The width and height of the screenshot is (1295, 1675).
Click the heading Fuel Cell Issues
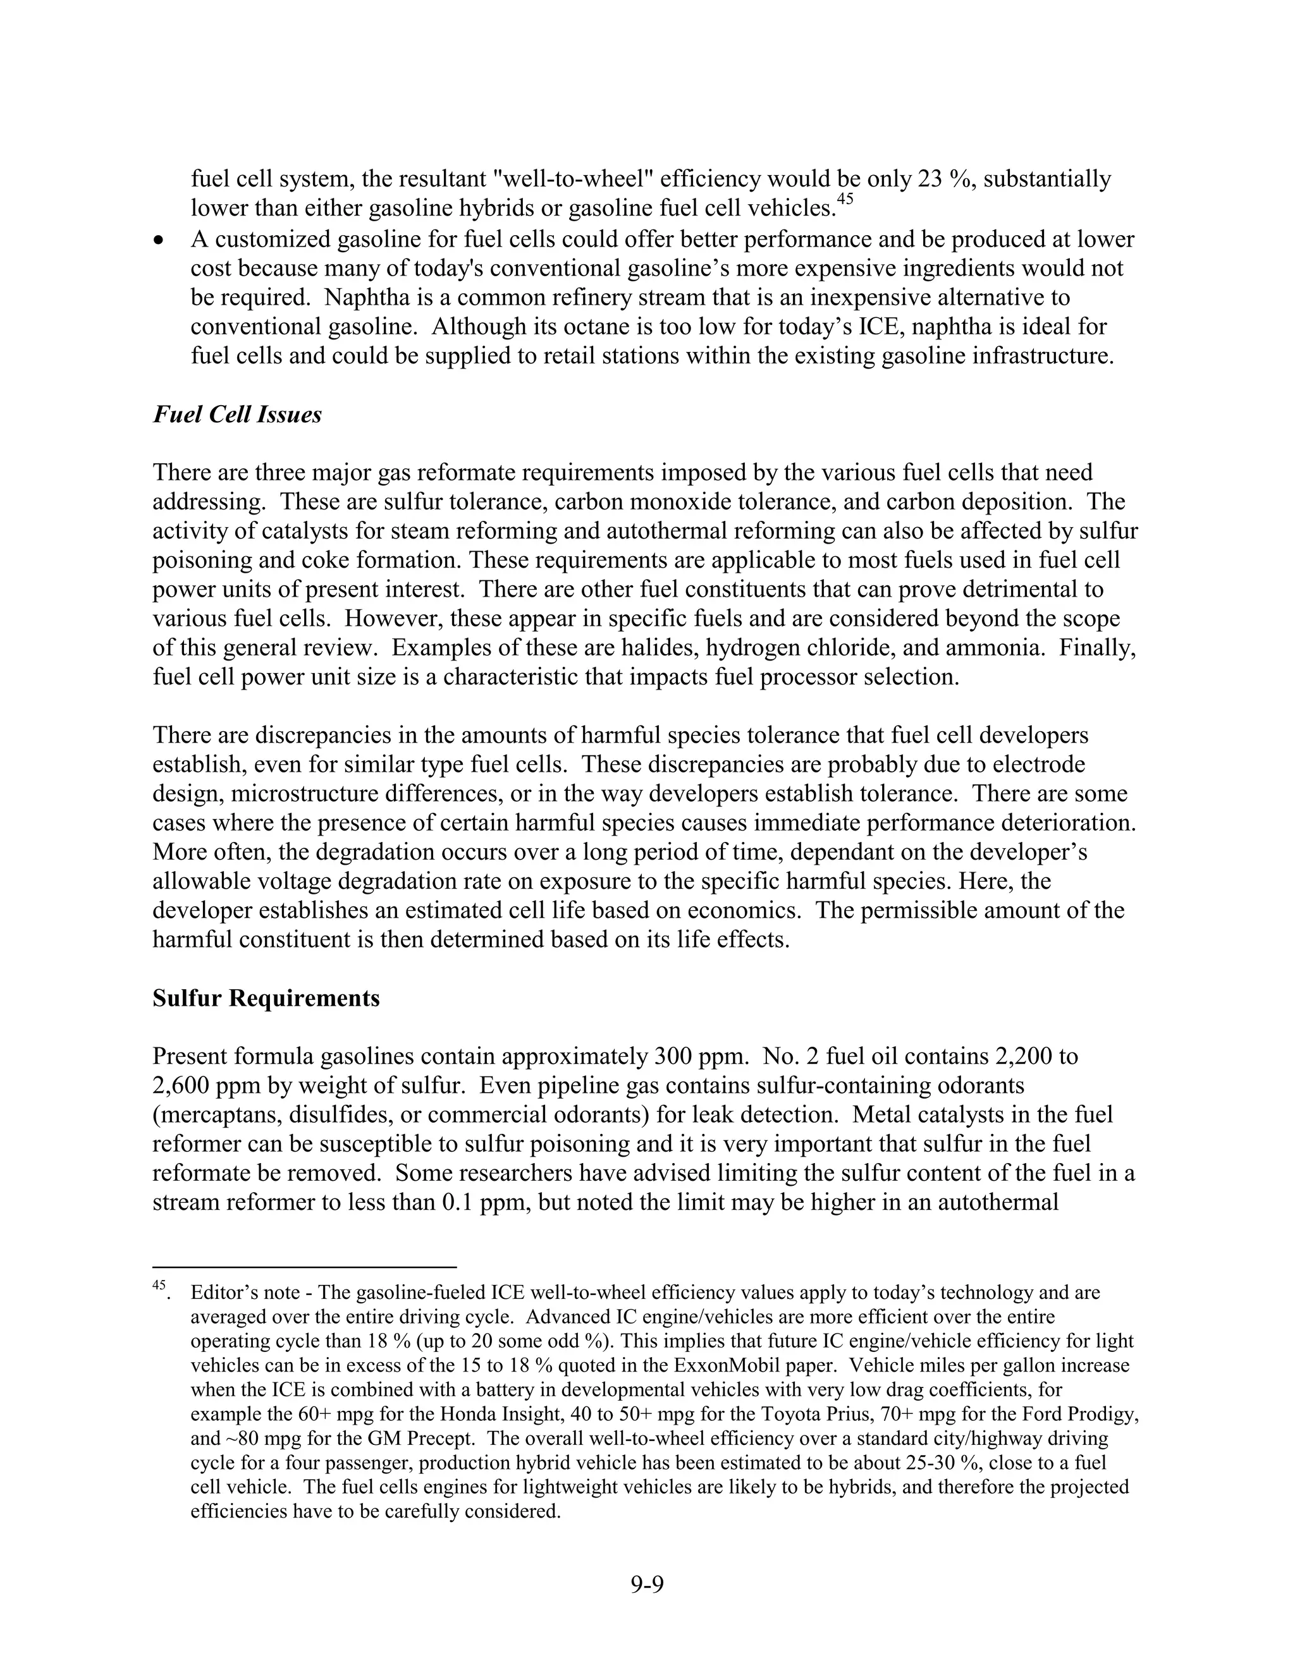tap(237, 415)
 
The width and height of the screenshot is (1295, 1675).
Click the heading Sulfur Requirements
tap(266, 999)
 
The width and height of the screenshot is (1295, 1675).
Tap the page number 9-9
tap(647, 1584)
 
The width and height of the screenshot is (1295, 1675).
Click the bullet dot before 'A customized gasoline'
tap(159, 241)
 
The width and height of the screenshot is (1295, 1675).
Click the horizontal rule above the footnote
tap(305, 1267)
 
